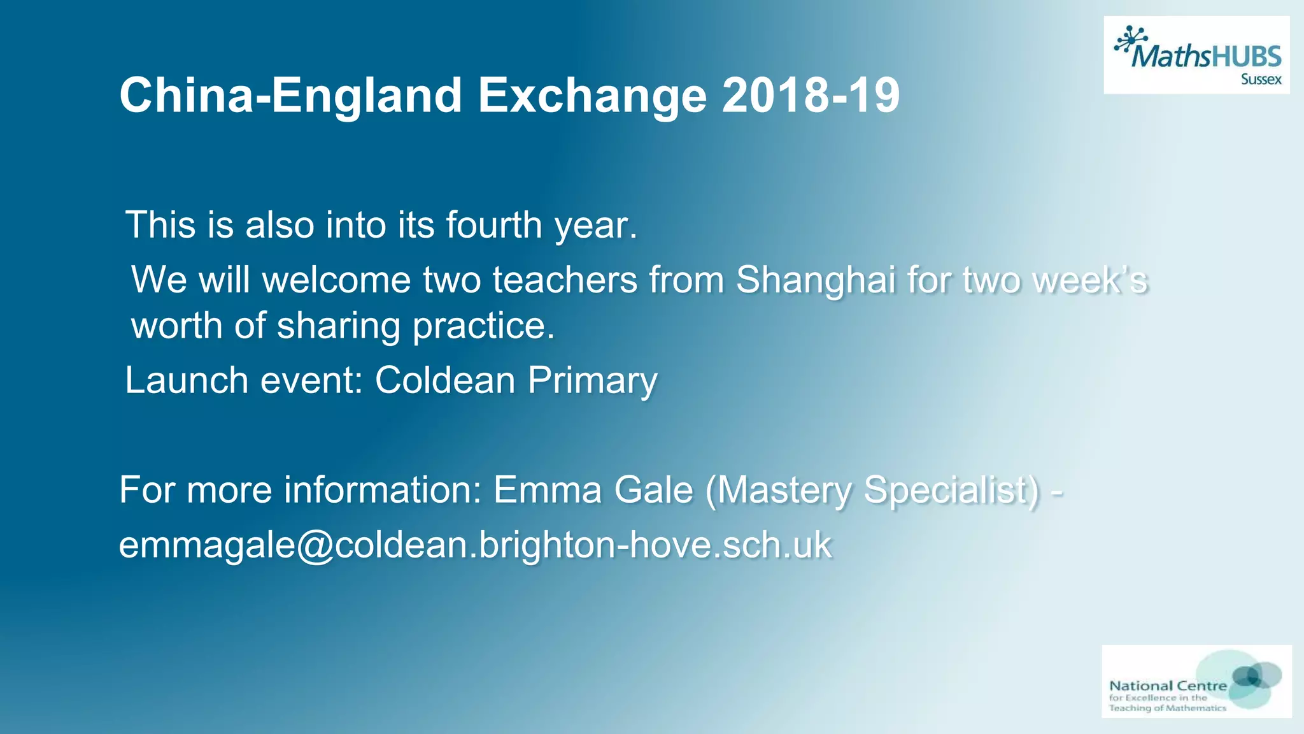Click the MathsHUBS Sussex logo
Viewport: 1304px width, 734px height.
[1196, 55]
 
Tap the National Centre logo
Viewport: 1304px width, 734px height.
[1196, 681]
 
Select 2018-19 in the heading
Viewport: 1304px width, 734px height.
[811, 96]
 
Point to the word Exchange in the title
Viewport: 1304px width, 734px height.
[592, 96]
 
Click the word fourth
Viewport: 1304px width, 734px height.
[493, 225]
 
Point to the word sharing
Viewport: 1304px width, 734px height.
[337, 326]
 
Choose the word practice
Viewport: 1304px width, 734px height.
[484, 326]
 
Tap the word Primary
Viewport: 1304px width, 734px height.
[592, 380]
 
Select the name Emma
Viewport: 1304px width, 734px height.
[548, 490]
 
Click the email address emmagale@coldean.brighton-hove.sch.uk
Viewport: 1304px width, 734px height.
[475, 545]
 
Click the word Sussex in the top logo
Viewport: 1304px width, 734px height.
[1261, 80]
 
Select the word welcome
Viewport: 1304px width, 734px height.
[337, 280]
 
